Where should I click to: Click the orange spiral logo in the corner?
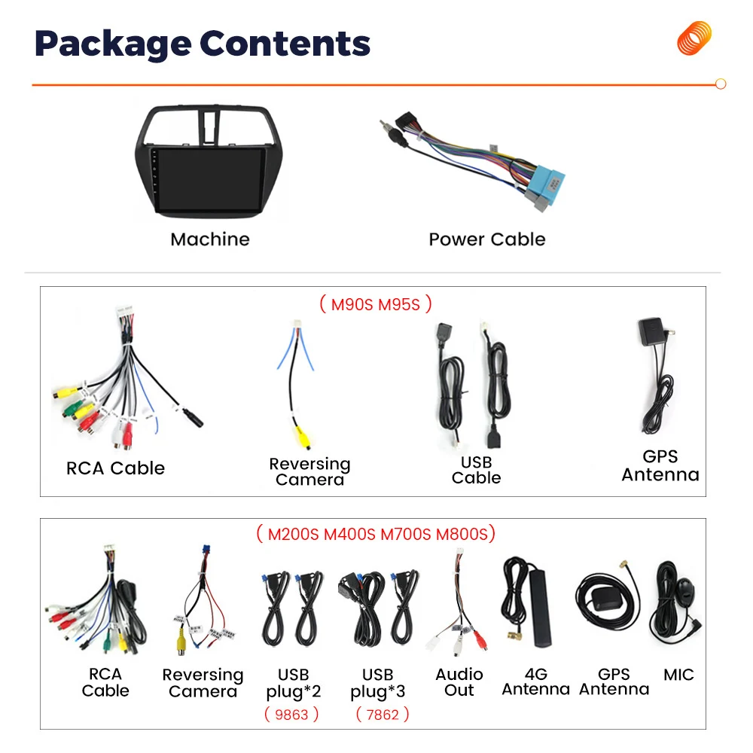694,38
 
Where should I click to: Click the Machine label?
209,239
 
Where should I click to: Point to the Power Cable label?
486,239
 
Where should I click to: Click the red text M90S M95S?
376,304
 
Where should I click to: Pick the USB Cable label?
476,470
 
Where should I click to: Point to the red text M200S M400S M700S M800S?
376,535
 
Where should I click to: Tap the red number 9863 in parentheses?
291,714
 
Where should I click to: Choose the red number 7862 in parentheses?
382,714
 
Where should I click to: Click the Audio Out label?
459,682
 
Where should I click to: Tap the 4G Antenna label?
535,682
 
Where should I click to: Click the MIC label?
678,675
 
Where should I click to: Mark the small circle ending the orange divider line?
721,84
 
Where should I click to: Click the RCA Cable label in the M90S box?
115,468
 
